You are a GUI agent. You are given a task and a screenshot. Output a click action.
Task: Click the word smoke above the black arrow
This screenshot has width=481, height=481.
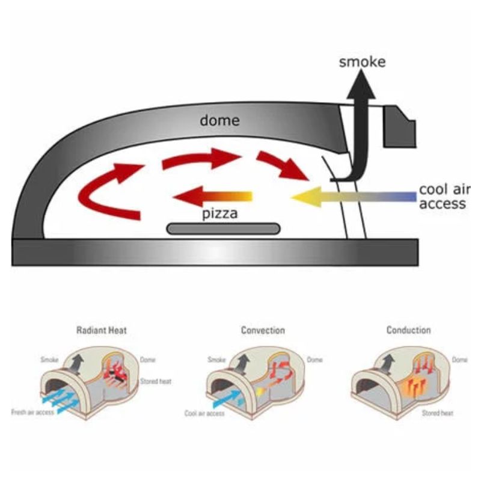tap(361, 62)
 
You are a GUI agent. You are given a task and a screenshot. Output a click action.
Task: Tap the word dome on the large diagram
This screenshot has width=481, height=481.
tap(219, 120)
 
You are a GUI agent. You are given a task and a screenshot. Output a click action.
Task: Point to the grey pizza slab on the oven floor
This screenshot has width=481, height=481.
tap(223, 228)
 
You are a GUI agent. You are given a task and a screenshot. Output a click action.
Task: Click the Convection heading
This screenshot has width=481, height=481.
tap(263, 330)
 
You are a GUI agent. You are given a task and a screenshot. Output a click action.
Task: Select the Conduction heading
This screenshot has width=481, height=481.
tap(409, 330)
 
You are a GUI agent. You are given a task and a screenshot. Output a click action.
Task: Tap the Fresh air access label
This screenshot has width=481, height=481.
tap(33, 412)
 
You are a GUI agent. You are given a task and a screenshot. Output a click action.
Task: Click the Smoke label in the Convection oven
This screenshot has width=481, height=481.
tap(216, 360)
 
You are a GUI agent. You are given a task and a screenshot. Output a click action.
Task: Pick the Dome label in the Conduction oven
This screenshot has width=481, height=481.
tap(459, 360)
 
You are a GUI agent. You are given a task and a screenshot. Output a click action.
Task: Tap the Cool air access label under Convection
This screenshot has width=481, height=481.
tap(204, 414)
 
